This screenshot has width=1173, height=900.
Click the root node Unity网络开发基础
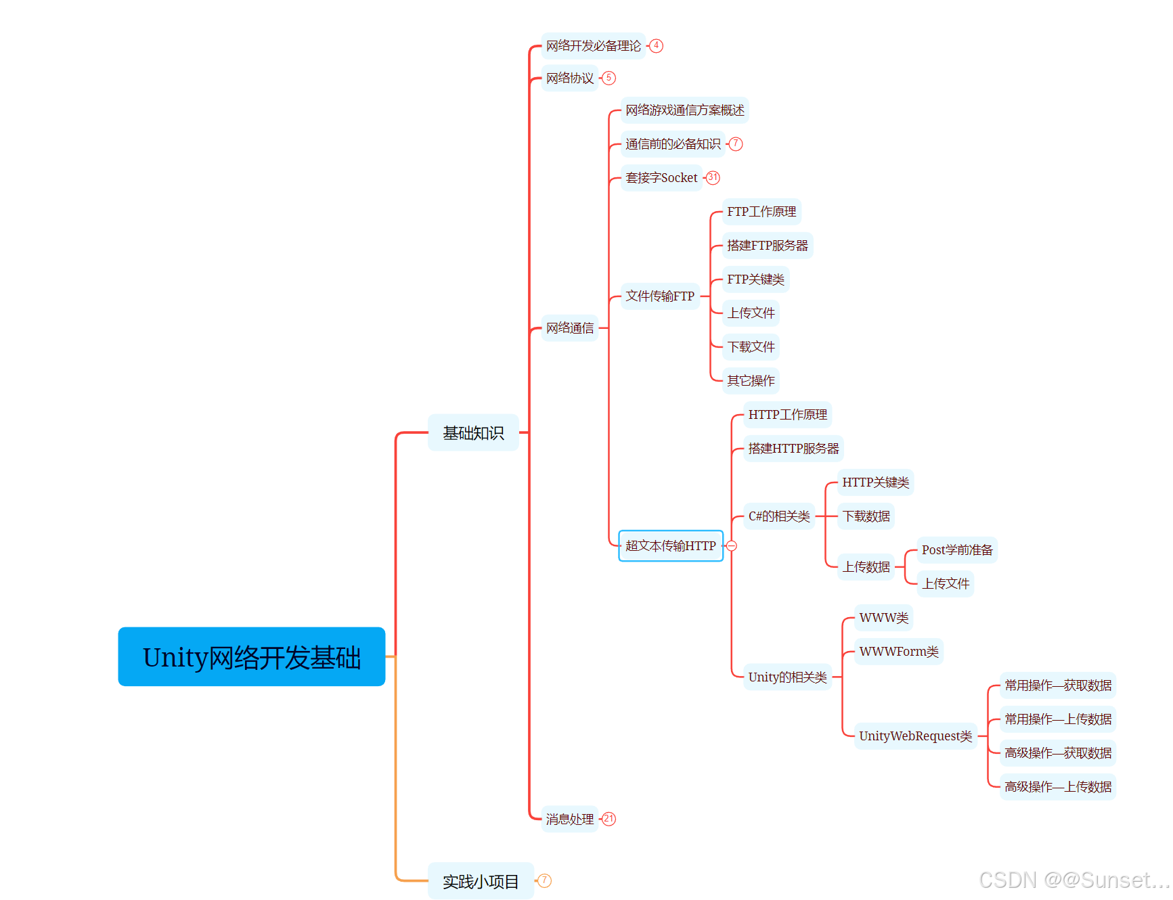pyautogui.click(x=251, y=656)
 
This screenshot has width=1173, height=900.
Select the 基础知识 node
pyautogui.click(x=473, y=432)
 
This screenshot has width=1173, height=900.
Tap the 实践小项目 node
pyautogui.click(x=480, y=881)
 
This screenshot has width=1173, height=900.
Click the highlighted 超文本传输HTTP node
pyautogui.click(x=670, y=545)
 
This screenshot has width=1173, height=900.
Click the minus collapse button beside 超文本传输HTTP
pyautogui.click(x=732, y=546)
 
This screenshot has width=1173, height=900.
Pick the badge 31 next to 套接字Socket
pyautogui.click(x=713, y=177)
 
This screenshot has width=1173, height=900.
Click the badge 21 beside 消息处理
pyautogui.click(x=609, y=819)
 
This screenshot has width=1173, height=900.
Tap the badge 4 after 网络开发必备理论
pyautogui.click(x=656, y=45)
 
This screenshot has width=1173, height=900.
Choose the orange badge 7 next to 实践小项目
pyautogui.click(x=545, y=880)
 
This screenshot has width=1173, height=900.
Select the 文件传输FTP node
pyautogui.click(x=660, y=296)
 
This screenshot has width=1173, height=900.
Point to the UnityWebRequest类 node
pyautogui.click(x=915, y=736)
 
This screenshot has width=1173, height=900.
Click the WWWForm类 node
pyautogui.click(x=898, y=651)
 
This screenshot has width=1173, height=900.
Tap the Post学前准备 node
pyautogui.click(x=956, y=549)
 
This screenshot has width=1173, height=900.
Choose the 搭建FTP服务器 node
pyautogui.click(x=767, y=245)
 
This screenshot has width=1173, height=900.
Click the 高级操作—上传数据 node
pyautogui.click(x=1057, y=786)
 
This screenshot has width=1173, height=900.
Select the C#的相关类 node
pyautogui.click(x=778, y=516)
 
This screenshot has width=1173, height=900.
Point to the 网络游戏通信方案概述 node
pyautogui.click(x=684, y=110)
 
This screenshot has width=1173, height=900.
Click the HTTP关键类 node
pyautogui.click(x=875, y=482)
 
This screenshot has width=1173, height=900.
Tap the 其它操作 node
pyautogui.click(x=751, y=380)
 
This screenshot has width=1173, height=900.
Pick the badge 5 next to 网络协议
pyautogui.click(x=609, y=78)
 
